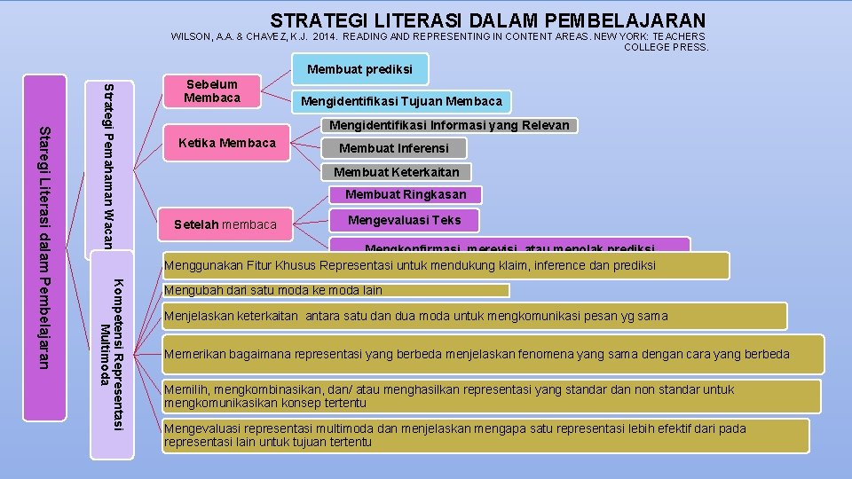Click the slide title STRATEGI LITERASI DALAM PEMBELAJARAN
coord(488,20)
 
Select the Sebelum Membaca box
coord(212,90)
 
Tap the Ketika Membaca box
coord(227,143)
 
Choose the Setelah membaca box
coord(225,224)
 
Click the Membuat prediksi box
coord(359,69)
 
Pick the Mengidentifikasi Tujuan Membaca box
coord(402,101)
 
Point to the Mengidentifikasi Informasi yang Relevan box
coord(450,125)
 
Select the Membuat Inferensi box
coord(394,148)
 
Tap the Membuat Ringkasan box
coord(405,195)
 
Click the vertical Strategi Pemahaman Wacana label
coord(109,164)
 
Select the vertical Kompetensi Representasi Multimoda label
coord(113,355)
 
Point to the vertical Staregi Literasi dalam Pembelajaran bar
coord(45,248)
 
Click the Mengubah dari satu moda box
coord(335,290)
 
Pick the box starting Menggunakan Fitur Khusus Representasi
coord(444,265)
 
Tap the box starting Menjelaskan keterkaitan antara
coord(473,316)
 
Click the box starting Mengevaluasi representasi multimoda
coord(485,435)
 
